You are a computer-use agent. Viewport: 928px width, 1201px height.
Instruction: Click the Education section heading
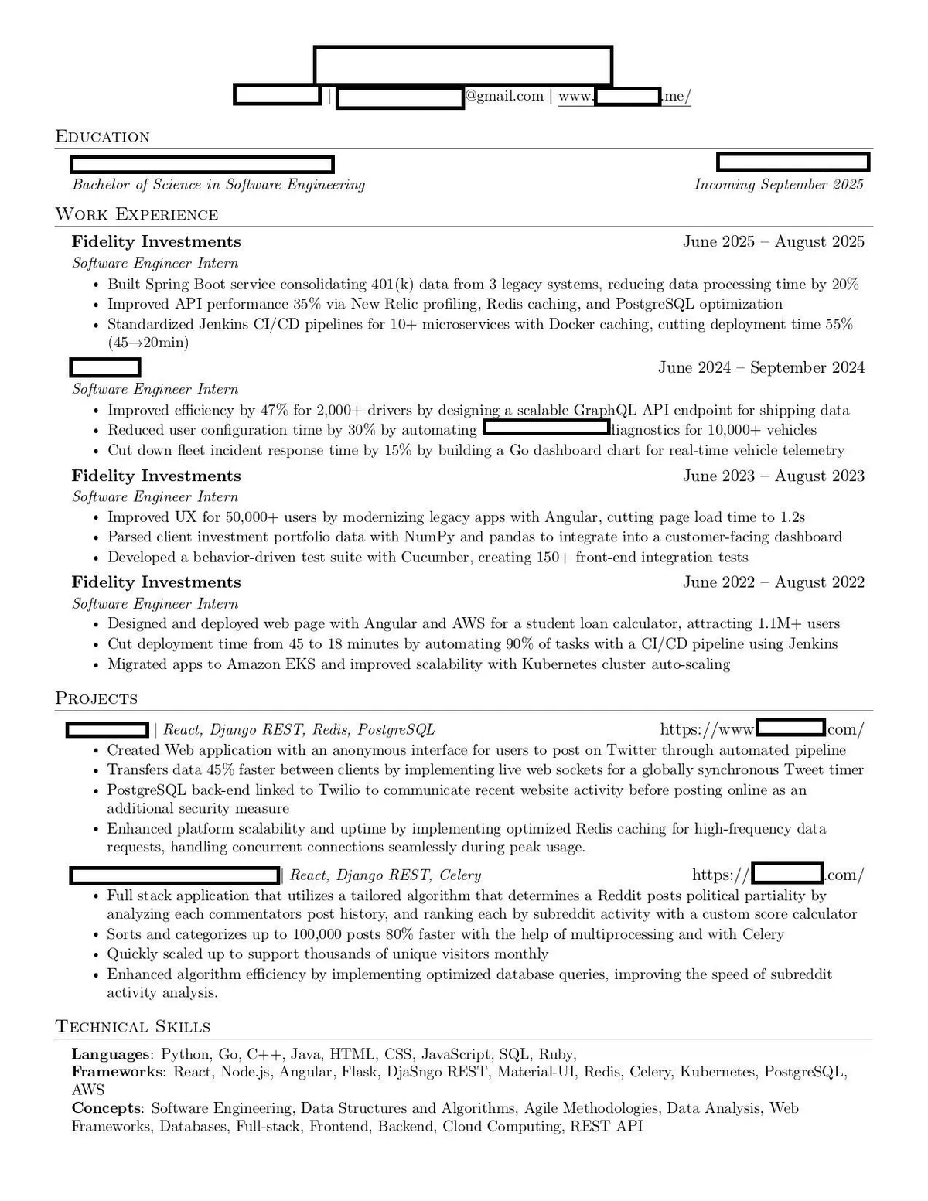tap(102, 137)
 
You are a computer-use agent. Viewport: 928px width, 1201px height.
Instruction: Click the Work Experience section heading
tap(137, 214)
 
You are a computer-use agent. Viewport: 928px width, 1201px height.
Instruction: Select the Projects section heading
tap(96, 698)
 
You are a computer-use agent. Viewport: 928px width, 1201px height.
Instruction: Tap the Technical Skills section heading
tap(133, 1026)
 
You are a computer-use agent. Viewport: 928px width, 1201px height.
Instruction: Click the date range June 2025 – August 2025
tap(773, 241)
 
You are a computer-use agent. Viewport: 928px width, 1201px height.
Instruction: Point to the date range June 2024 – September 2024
tap(761, 367)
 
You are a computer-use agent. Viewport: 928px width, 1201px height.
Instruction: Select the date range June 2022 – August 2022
tap(773, 582)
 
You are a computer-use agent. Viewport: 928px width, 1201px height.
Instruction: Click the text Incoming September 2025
tap(779, 184)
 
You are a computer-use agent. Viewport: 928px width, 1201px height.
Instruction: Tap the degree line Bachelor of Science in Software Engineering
tap(218, 184)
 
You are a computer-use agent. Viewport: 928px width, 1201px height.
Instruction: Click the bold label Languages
tap(111, 1054)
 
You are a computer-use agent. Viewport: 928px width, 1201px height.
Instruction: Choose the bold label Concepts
tap(106, 1108)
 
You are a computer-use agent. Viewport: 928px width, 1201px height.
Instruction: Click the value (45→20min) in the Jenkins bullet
tap(148, 343)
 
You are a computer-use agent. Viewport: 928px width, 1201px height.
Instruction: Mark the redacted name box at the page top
tap(462, 65)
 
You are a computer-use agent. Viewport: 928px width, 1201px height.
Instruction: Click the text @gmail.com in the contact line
tap(504, 96)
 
